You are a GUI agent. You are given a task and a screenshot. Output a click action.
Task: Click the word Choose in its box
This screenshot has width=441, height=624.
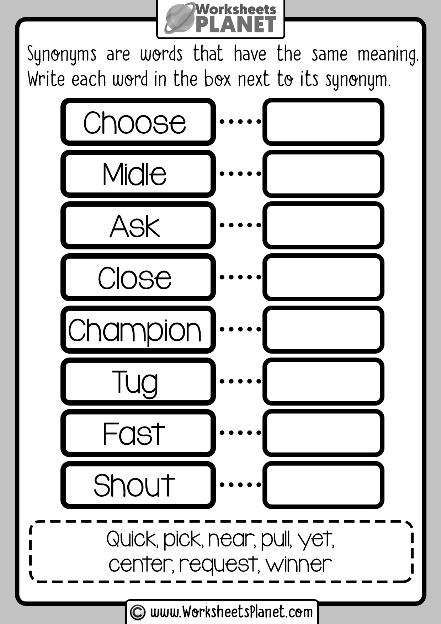pyautogui.click(x=134, y=122)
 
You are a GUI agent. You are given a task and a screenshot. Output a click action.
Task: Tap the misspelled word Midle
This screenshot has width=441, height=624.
pyautogui.click(x=134, y=174)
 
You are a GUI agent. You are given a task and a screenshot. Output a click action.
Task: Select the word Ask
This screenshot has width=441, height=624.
pyautogui.click(x=135, y=226)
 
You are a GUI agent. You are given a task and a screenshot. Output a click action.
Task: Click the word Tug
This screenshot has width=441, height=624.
pyautogui.click(x=135, y=383)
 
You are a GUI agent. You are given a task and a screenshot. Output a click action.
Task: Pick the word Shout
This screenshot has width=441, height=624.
pyautogui.click(x=134, y=485)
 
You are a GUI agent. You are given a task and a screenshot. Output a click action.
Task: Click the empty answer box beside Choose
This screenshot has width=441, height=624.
pyautogui.click(x=323, y=122)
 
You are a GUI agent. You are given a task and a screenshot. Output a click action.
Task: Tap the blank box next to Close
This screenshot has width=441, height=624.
pyautogui.click(x=323, y=277)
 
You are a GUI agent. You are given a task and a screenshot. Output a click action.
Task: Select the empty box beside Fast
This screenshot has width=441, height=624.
pyautogui.click(x=323, y=433)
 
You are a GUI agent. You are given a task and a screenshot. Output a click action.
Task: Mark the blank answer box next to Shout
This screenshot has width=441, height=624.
pyautogui.click(x=323, y=485)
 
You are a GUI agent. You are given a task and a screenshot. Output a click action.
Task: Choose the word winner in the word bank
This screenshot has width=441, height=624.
pyautogui.click(x=299, y=564)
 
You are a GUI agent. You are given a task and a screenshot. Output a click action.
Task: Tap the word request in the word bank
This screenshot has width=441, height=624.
pyautogui.click(x=219, y=565)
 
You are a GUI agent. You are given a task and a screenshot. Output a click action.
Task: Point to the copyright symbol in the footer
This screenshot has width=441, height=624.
pyautogui.click(x=138, y=612)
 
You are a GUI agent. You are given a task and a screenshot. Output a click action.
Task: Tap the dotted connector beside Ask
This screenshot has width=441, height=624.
pyautogui.click(x=240, y=225)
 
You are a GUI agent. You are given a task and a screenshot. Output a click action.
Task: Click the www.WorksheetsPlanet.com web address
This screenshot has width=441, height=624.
pyautogui.click(x=232, y=612)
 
